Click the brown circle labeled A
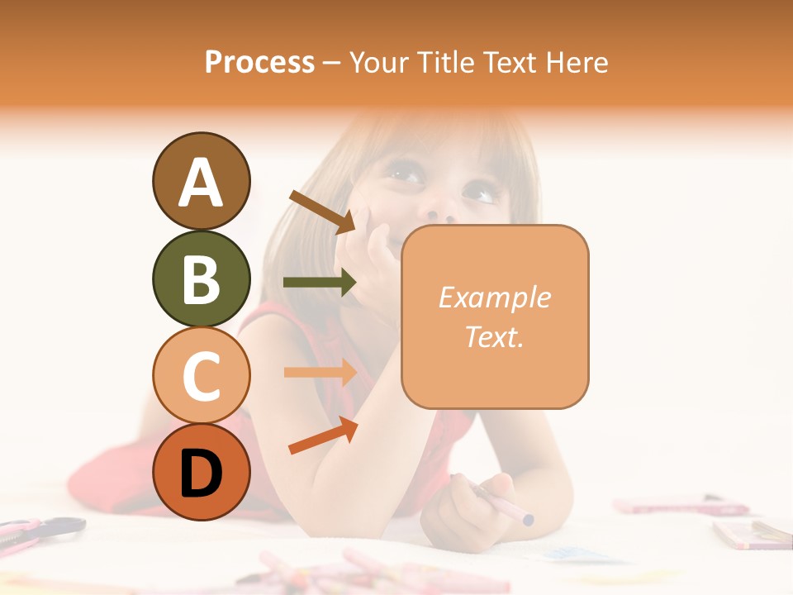tap(201, 181)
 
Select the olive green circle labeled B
tap(201, 278)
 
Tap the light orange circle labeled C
tap(201, 375)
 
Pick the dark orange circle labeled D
tap(201, 472)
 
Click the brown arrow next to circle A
tap(322, 211)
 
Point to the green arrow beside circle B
tap(320, 283)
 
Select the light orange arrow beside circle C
tap(320, 372)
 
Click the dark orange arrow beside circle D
tap(322, 436)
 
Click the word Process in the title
tap(259, 62)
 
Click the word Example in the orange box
tap(494, 297)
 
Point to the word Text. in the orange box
tap(494, 336)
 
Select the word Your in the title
tap(378, 62)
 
